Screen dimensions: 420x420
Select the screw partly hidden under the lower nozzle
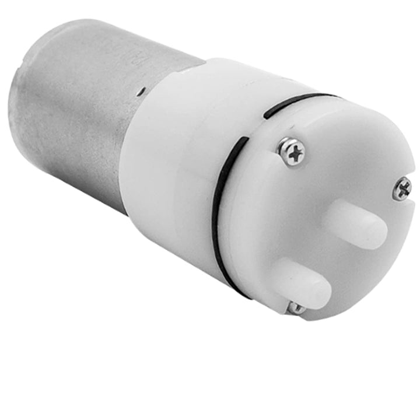[x=296, y=307]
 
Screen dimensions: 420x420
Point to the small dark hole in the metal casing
[x=141, y=90]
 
